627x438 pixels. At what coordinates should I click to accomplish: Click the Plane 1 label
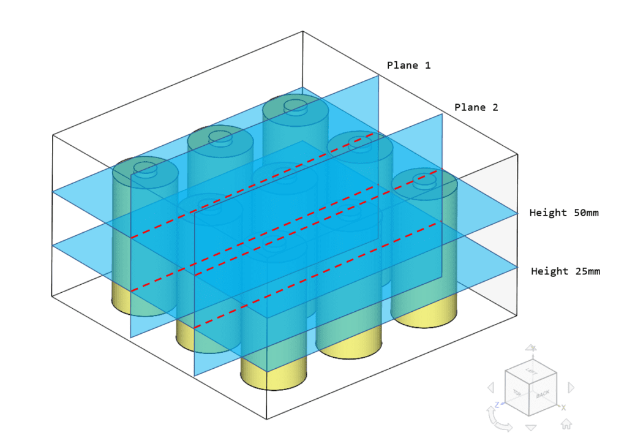408,65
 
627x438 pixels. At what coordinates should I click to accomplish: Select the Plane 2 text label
476,107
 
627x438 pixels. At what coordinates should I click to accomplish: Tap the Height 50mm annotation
563,213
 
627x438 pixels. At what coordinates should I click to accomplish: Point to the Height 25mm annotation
565,271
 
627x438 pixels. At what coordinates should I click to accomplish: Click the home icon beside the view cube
566,423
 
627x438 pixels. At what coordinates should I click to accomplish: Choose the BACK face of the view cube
543,395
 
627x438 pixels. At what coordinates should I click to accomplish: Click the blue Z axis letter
499,404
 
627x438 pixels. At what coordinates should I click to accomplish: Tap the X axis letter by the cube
564,407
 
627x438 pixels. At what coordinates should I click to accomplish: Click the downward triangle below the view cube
531,428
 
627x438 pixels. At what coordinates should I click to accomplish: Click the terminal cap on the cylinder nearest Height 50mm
424,179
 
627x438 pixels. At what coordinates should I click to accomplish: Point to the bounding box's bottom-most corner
266,420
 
